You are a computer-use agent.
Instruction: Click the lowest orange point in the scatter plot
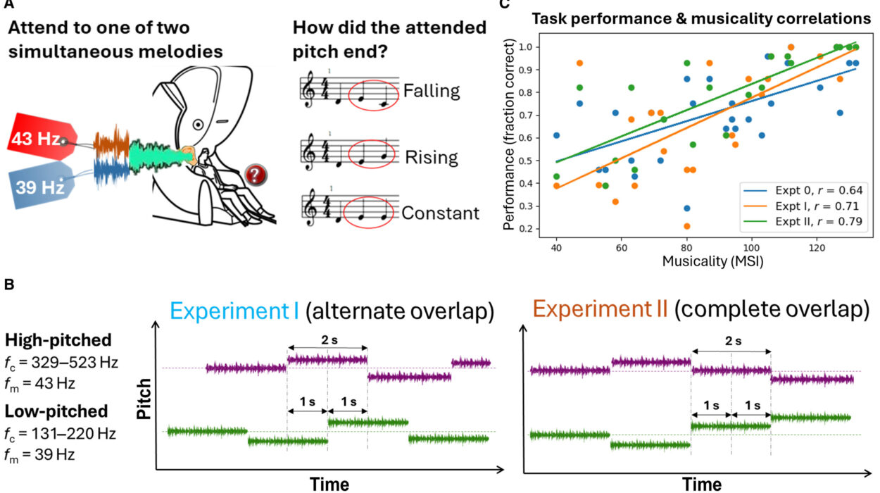pos(687,226)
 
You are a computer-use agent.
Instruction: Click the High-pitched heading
pos(58,340)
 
